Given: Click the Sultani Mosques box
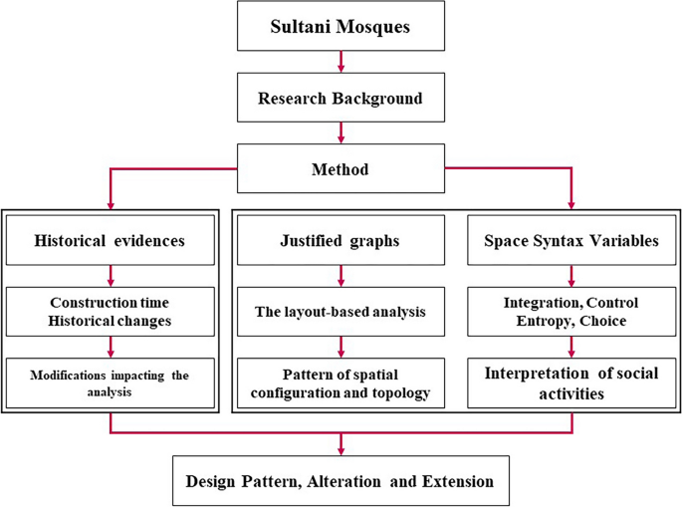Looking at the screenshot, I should pos(341,27).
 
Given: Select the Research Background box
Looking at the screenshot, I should pos(341,99).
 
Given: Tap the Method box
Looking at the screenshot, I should pos(341,169).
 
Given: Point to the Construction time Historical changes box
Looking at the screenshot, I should pos(110,311).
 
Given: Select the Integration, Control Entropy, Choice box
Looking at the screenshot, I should pos(571,311).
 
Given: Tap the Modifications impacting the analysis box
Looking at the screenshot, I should pos(110,381).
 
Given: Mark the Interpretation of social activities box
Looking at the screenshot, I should pos(571,381).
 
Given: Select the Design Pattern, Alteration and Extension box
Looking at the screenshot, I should pos(341,481).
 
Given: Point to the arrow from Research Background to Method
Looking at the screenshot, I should pos(341,133).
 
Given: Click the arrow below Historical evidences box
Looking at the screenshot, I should pos(110,275).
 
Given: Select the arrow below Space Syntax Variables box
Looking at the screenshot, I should pos(571,275).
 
